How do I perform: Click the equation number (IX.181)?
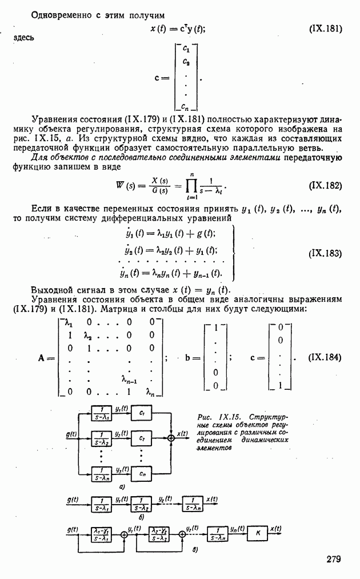tap(325, 28)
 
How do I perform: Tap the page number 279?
tap(334, 558)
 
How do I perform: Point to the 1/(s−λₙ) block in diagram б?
tap(194, 505)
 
